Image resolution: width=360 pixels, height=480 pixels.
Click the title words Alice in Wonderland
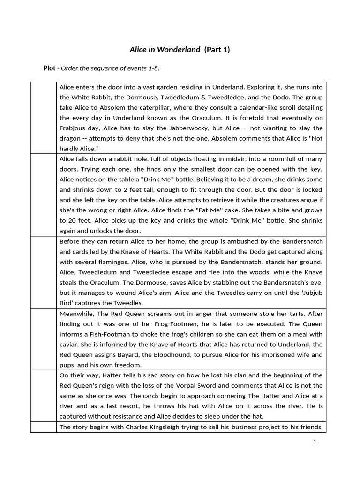tap(165, 49)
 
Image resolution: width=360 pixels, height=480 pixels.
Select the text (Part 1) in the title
tap(217, 49)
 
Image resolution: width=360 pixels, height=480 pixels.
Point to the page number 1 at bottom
tap(315, 441)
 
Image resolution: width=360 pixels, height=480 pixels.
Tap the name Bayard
tap(127, 354)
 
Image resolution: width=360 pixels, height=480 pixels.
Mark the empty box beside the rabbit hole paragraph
tap(44, 195)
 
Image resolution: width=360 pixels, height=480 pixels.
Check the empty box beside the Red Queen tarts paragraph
tap(44, 339)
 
